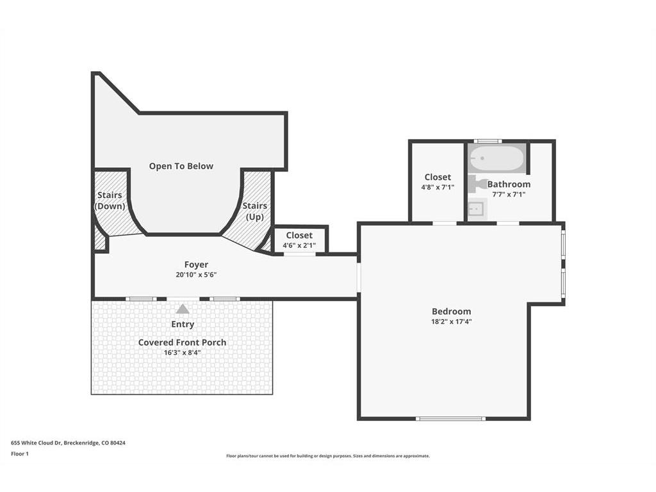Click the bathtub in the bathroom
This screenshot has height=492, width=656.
(496, 158)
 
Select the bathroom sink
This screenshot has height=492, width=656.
(476, 209)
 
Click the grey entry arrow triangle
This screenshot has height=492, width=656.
(183, 309)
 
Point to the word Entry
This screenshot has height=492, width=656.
(183, 324)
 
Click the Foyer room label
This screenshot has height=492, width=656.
(196, 265)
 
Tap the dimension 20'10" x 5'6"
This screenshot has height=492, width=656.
(196, 275)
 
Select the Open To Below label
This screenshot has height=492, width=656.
(181, 166)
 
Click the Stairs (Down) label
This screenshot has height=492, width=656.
(110, 201)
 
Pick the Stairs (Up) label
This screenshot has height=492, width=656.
(255, 211)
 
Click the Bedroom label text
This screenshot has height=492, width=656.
(452, 311)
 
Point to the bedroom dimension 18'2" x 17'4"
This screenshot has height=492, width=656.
(452, 322)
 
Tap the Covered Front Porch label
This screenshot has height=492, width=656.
(182, 342)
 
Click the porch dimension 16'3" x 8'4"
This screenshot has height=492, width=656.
(182, 353)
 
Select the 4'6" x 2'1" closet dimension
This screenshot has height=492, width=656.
(299, 245)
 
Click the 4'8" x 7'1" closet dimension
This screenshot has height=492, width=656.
(438, 188)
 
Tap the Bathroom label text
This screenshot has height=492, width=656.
(509, 184)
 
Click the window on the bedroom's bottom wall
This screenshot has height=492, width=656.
(450, 418)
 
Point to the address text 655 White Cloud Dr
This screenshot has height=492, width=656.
(37, 443)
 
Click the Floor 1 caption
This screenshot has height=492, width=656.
(20, 454)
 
